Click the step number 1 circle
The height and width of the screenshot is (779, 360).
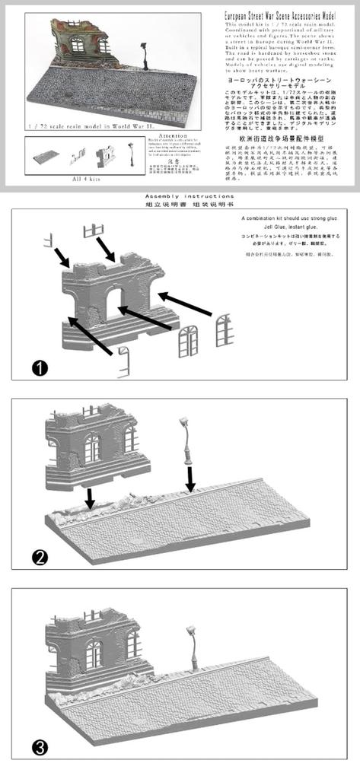coord(40,368)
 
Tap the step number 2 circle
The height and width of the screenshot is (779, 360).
coord(40,557)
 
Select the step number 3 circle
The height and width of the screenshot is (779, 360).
coord(40,747)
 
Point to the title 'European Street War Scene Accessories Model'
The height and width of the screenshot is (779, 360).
coord(287,16)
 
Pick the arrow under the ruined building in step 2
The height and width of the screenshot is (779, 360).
coord(91,498)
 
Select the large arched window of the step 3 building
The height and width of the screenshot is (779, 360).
coord(94,653)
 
